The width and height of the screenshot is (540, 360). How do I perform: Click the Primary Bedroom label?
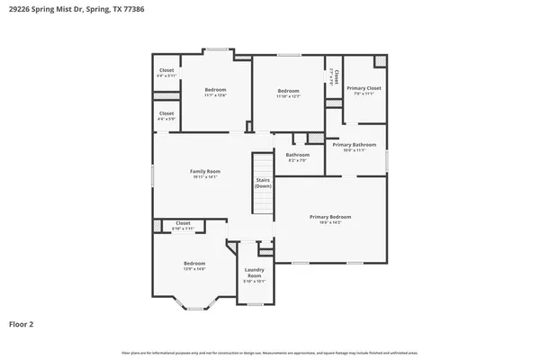tap(330, 217)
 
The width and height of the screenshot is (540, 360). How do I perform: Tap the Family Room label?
tap(205, 171)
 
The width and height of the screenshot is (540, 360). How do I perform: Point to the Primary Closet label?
tap(364, 88)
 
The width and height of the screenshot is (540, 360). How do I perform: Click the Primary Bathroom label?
tap(354, 145)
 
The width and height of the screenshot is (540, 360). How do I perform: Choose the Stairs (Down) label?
tap(264, 183)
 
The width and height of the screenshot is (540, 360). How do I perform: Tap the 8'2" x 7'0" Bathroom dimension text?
tap(298, 160)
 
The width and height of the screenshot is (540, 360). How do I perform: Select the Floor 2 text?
tap(22, 323)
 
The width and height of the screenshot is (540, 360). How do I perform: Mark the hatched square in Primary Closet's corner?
tap(381, 61)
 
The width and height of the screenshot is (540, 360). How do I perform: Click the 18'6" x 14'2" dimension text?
tap(330, 222)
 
